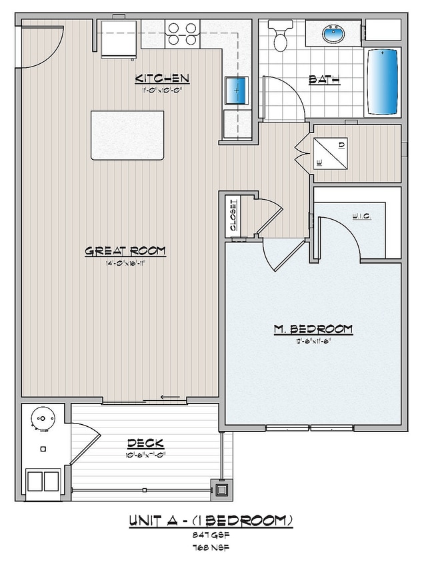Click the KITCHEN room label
point(163,79)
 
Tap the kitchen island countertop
point(128,135)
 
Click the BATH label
point(325,80)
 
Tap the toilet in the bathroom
point(280,36)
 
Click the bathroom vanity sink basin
point(331,32)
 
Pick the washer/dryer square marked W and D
point(330,152)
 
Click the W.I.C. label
point(360,216)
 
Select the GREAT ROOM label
point(125,250)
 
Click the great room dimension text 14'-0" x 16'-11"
point(125,262)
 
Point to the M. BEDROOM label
point(313,329)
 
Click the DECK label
point(145,443)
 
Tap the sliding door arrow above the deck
point(171,398)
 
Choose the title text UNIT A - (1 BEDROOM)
point(211,520)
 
